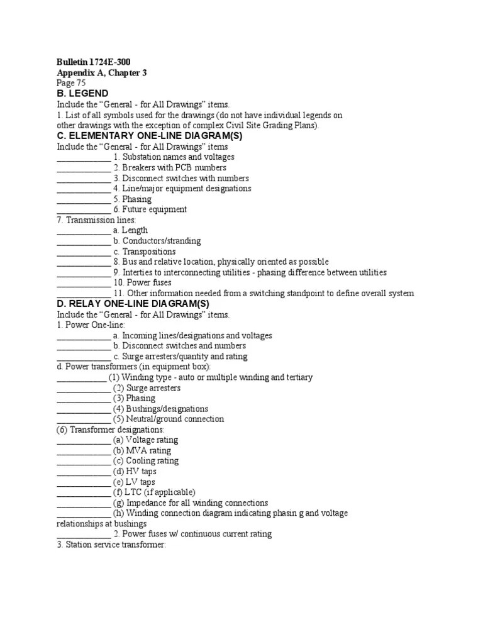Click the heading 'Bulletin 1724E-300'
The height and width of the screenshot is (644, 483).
click(94, 62)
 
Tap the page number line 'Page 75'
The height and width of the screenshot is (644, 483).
click(71, 83)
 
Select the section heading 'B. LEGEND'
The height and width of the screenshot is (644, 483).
click(84, 94)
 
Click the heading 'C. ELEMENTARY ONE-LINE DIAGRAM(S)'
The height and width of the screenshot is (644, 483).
click(149, 136)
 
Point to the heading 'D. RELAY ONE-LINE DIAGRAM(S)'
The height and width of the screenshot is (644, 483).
click(133, 304)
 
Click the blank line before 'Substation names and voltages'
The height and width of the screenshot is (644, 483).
click(84, 158)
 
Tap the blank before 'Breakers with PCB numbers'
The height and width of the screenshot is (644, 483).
click(84, 169)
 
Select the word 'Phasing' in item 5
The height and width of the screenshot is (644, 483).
click(136, 199)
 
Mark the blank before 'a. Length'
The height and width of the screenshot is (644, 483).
click(84, 231)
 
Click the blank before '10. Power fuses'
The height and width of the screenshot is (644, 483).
click(84, 283)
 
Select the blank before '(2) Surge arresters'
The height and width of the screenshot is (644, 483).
click(84, 389)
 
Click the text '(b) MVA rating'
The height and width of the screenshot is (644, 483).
click(142, 450)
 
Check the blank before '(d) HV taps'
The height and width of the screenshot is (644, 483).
click(84, 472)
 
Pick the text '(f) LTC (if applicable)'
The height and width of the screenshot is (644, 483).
click(154, 492)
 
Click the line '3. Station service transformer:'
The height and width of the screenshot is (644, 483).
click(111, 545)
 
